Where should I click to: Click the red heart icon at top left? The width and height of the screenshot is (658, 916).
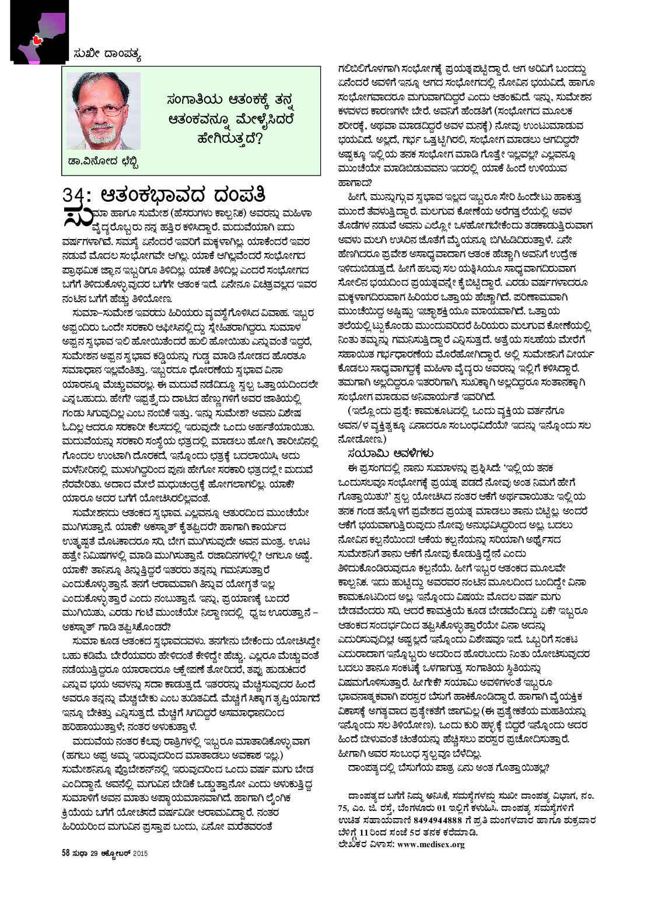(x=36, y=40)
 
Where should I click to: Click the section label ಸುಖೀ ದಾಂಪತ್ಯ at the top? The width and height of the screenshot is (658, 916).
(x=107, y=55)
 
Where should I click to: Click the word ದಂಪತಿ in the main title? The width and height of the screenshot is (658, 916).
(x=240, y=194)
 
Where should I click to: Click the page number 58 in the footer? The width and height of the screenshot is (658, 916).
(x=66, y=854)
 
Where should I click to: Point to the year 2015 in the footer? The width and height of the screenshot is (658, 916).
(x=140, y=854)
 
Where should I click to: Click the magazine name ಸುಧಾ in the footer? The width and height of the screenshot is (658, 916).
(x=80, y=854)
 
